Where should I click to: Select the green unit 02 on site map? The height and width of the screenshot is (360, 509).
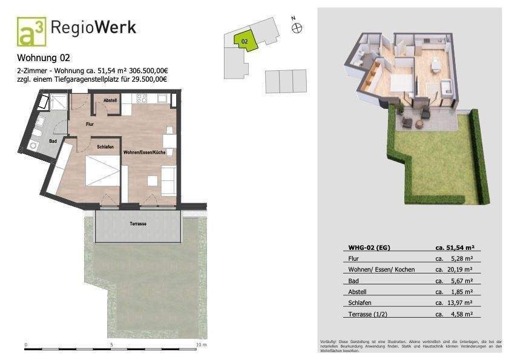tap(246, 41)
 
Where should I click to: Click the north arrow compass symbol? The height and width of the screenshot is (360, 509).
tap(297, 27)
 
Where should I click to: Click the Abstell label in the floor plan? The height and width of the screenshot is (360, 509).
tap(110, 100)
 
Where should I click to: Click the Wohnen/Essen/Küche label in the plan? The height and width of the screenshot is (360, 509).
tap(145, 152)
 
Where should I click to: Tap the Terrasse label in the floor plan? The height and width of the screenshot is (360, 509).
tap(138, 224)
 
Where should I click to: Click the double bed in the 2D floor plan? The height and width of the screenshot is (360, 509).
tap(102, 172)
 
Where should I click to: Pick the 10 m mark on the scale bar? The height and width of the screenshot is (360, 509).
tap(202, 344)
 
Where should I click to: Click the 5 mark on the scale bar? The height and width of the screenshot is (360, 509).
tap(111, 344)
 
